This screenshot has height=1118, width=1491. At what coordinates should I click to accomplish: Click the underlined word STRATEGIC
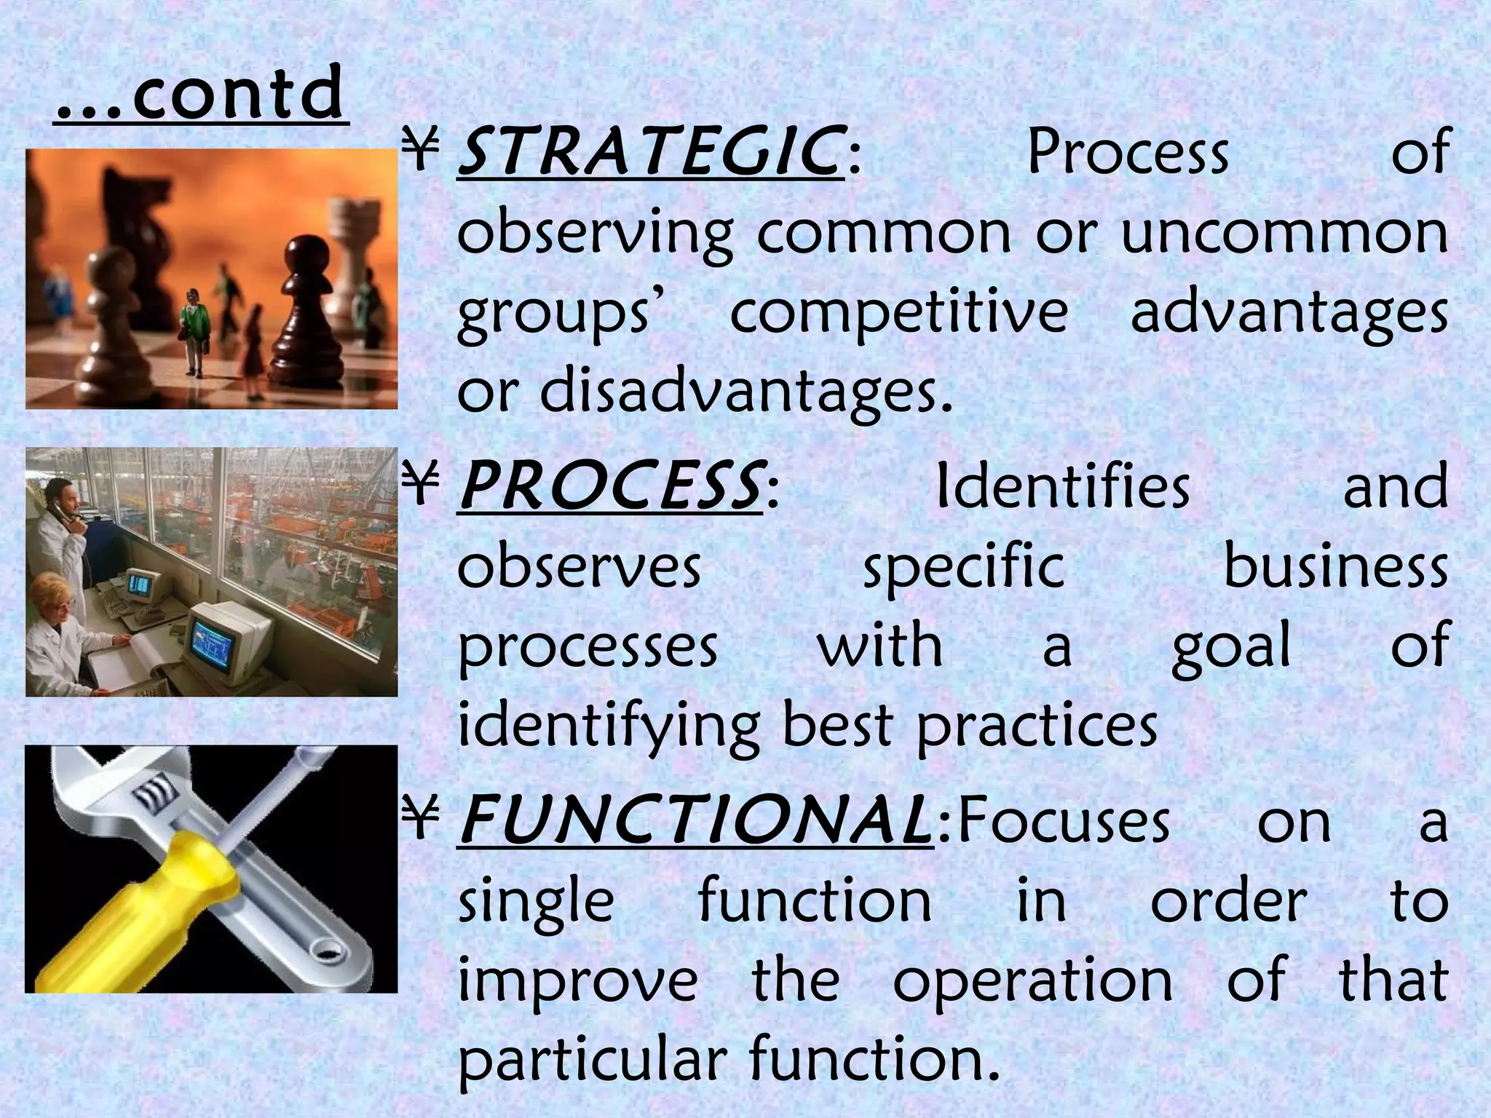click(648, 153)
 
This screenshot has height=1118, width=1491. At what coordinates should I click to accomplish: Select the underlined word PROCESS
click(610, 486)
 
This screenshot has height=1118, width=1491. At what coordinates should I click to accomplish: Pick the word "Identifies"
click(1062, 486)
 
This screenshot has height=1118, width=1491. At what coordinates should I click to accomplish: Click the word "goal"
click(1231, 646)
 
